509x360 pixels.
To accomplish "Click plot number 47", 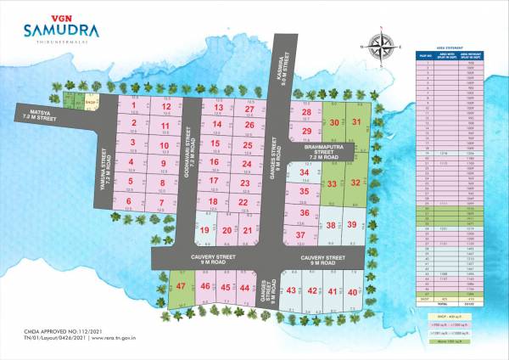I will click(x=182, y=288).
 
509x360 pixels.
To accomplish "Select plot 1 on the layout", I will click(x=134, y=107).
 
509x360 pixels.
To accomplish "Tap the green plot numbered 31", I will click(x=357, y=122).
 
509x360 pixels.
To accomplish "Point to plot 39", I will click(x=351, y=224).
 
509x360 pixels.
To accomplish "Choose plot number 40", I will click(x=353, y=291).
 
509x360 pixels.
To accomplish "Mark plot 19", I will click(x=204, y=230).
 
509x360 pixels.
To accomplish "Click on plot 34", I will click(x=304, y=175).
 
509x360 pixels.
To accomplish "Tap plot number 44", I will click(x=244, y=288).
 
